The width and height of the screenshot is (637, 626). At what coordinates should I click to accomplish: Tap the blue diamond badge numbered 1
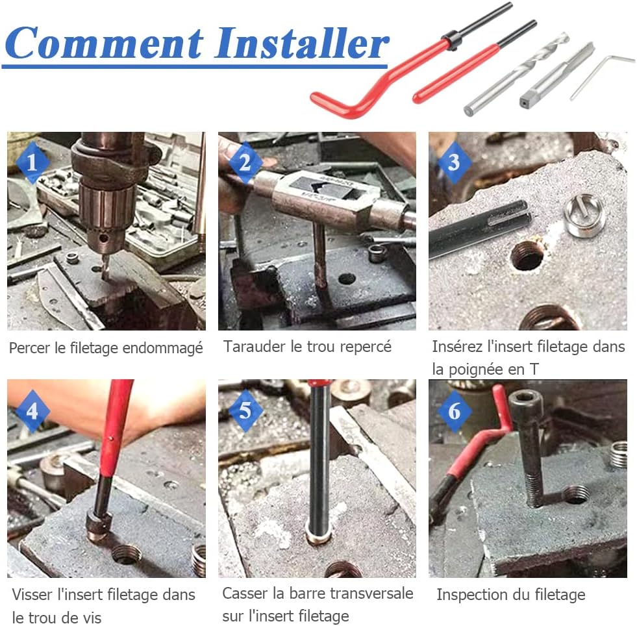click(x=32, y=162)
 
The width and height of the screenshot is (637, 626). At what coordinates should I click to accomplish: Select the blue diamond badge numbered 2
click(x=245, y=162)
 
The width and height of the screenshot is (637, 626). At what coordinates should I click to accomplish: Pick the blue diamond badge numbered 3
click(x=454, y=162)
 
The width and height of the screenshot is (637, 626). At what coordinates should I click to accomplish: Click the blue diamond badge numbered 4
click(x=32, y=410)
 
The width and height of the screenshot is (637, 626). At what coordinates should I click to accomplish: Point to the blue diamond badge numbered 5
click(x=245, y=410)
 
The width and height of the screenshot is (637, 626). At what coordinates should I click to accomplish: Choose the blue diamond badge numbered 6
click(x=454, y=410)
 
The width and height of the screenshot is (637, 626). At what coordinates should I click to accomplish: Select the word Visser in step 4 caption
click(x=31, y=594)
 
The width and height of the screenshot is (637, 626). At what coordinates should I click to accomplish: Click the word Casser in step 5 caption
click(x=245, y=593)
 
